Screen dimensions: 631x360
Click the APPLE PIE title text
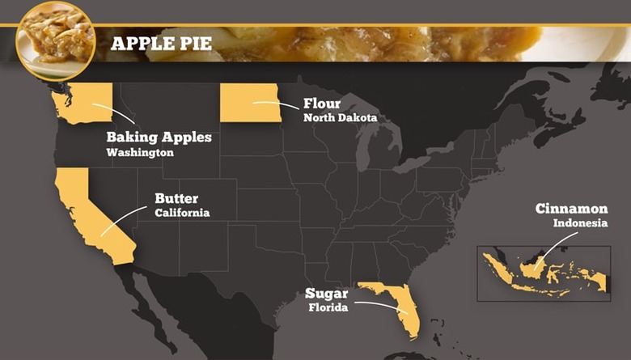(161, 43)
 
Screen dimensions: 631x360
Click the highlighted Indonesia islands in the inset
(542, 272)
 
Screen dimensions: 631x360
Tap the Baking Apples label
(159, 138)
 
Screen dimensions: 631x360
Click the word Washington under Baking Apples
(140, 152)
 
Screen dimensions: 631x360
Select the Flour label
(321, 104)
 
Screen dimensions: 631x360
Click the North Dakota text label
(340, 118)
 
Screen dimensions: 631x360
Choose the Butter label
(176, 198)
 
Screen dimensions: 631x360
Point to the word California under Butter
(182, 213)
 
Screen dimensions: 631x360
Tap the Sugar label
(326, 293)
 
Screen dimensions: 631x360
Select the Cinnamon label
(571, 209)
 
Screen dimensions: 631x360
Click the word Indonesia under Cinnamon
(580, 223)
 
